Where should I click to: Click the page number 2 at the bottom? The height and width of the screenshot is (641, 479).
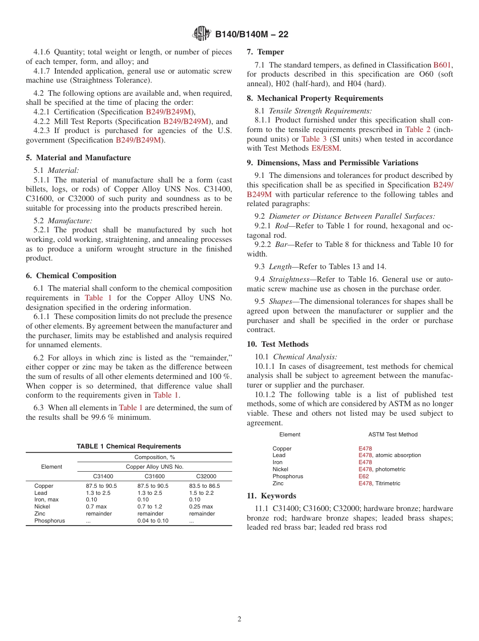(x=239, y=619)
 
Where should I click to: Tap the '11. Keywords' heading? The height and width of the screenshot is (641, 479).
(x=271, y=496)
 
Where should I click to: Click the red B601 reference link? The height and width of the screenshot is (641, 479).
(x=442, y=65)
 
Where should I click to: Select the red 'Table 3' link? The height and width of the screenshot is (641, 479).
(x=314, y=139)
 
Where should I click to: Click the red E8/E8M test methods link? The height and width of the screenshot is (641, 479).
(x=326, y=148)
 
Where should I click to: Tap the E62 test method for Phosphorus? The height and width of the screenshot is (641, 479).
(x=364, y=476)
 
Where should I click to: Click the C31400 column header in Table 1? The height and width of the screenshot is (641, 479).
(x=103, y=476)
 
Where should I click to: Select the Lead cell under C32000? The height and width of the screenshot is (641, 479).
(x=201, y=493)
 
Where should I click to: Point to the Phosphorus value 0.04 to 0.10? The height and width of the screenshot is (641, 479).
(x=153, y=521)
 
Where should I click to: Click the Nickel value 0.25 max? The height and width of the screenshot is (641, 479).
(x=201, y=506)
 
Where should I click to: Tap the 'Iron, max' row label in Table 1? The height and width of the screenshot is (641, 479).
(x=46, y=499)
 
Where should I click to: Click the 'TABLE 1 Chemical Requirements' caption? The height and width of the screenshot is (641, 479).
(x=129, y=446)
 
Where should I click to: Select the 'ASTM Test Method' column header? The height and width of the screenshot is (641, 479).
(x=393, y=434)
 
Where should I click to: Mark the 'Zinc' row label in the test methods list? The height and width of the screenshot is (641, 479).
(x=278, y=483)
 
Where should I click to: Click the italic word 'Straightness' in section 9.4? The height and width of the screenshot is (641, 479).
(x=288, y=279)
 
